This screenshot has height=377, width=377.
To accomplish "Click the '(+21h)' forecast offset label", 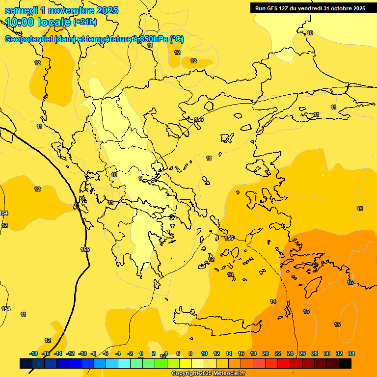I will (x=85, y=22).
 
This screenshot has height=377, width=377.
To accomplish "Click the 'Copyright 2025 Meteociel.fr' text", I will (x=208, y=374).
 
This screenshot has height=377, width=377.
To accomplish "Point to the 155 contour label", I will (x=85, y=249).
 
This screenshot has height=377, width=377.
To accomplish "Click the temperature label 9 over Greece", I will (x=140, y=178).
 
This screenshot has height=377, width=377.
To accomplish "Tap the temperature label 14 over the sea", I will (x=273, y=301).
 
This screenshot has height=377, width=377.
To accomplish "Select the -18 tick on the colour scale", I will (x=33, y=353).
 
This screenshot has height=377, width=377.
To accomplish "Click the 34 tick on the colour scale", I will (x=351, y=353).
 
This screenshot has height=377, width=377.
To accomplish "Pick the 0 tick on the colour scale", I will (x=141, y=353).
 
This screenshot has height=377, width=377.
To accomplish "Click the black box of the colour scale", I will (x=345, y=363).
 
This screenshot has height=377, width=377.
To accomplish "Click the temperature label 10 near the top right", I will (x=310, y=33).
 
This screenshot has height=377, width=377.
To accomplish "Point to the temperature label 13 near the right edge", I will (x=360, y=209).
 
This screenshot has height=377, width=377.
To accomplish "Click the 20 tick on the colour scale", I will (x=266, y=353).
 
